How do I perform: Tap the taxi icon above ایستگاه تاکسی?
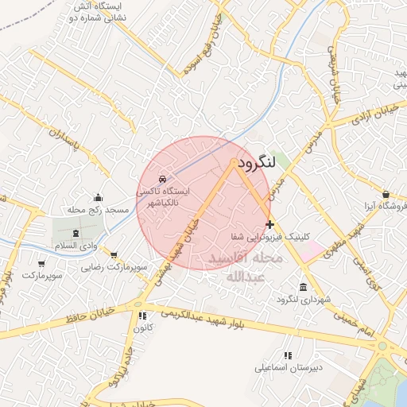pyautogui.click(x=163, y=179)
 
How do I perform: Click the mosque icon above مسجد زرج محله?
pyautogui.click(x=98, y=197)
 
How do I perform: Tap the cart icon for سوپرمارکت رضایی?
pyautogui.click(x=114, y=256)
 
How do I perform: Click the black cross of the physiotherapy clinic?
pyautogui.click(x=271, y=224)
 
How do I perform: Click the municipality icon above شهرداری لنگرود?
pyautogui.click(x=303, y=287)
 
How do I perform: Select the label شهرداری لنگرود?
pyautogui.click(x=281, y=299)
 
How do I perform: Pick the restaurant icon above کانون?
pyautogui.click(x=142, y=316)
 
